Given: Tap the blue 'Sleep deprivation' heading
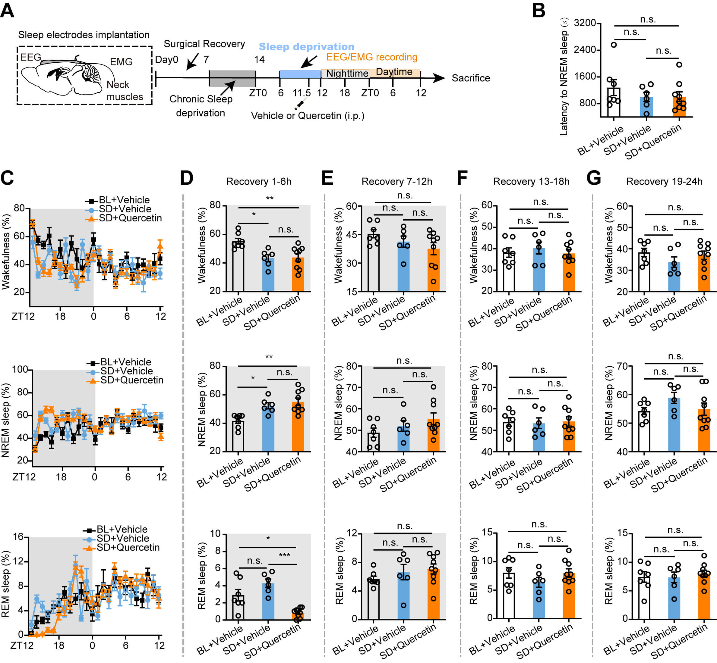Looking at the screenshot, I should tap(306, 47).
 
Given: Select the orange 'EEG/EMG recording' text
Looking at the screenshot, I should tap(371, 57).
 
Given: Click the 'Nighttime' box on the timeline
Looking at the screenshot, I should tap(347, 73).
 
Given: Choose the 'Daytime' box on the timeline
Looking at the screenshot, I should tap(394, 72).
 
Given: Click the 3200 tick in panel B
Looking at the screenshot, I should tap(585, 23).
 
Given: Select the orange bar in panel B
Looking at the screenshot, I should tap(679, 107).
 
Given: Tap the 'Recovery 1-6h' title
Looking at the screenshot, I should tap(258, 182).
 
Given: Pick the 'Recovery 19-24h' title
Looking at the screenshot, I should tap(664, 182).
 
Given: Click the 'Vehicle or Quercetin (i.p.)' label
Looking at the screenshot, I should tap(307, 116).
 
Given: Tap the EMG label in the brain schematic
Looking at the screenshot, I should tap(121, 62).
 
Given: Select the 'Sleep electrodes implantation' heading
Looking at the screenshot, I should tap(84, 35).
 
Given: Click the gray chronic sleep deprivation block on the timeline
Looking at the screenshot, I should tap(232, 78).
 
